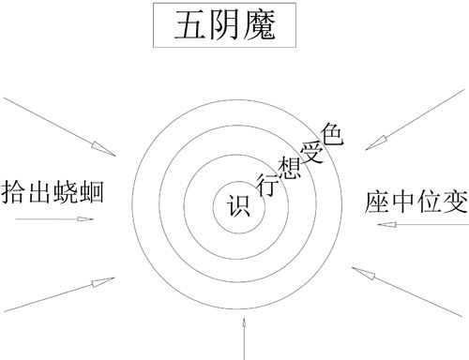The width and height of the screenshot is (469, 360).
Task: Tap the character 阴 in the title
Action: (225, 27)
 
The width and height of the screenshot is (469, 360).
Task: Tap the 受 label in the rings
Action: (312, 150)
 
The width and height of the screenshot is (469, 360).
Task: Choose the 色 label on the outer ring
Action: (331, 132)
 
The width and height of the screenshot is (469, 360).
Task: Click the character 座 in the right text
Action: (372, 199)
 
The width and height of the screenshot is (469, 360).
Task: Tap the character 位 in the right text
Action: (428, 199)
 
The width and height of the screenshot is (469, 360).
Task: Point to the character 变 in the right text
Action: (454, 199)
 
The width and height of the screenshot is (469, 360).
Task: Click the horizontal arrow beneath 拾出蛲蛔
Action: (56, 218)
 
